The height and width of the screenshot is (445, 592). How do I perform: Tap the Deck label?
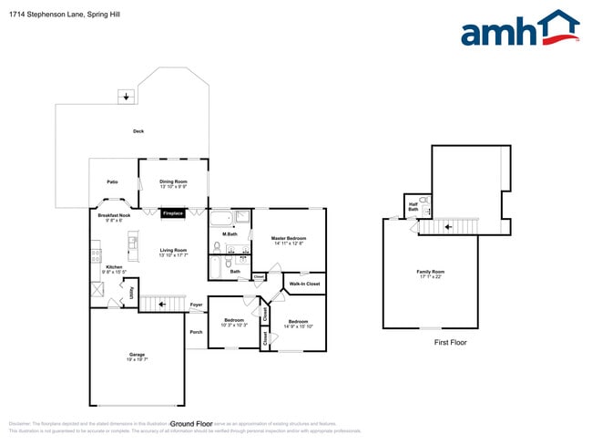pos(138,131)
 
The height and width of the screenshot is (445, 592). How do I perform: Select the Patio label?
pos(112,181)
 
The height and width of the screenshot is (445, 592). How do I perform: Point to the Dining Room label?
pos(173,183)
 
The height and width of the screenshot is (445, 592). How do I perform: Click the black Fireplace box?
pos(173,213)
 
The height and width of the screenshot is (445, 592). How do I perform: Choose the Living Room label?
pos(173,252)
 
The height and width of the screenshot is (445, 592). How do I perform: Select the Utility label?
pos(131,292)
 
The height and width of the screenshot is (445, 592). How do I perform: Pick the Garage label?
pos(137,356)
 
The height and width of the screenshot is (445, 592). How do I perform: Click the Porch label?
pos(196,332)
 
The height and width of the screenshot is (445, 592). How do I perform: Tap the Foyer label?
pos(196,305)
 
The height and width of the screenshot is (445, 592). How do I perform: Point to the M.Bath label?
pos(230,234)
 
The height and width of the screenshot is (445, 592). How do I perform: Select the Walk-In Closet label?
pos(304,284)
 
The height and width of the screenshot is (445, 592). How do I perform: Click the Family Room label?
pos(431,273)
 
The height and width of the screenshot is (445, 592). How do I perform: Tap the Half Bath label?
pos(413,207)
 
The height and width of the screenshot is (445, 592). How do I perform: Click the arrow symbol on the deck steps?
pos(125,96)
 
